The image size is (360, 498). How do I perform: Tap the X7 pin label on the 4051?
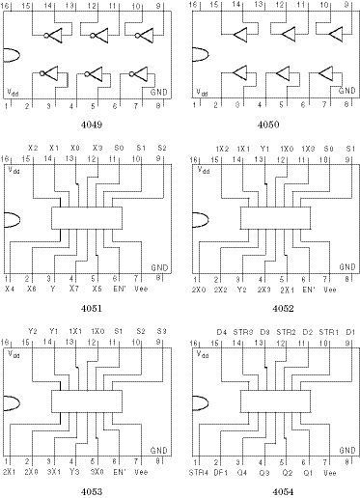tap(73, 289)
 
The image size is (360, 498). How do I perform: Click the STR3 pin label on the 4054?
tap(242, 331)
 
